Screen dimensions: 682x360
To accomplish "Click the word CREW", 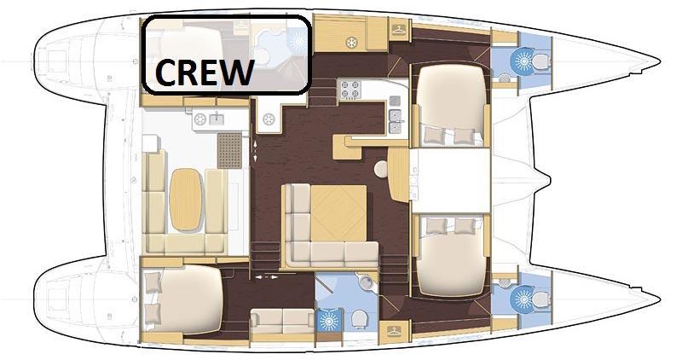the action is click(x=204, y=72).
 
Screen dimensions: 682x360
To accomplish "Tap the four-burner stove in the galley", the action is click(x=350, y=90).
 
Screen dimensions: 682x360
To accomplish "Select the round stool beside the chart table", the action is click(x=381, y=169).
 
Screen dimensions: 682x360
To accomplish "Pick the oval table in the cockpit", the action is click(x=186, y=200).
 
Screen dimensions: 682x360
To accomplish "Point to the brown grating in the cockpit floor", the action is click(x=229, y=151).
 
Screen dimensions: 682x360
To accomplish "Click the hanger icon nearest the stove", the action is click(x=398, y=31).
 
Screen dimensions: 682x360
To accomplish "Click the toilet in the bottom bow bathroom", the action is click(x=540, y=300).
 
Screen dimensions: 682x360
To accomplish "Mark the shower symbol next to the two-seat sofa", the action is click(x=329, y=321).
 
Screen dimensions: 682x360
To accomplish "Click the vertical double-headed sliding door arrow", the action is click(x=255, y=149).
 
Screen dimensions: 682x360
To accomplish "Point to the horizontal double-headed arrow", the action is click(x=266, y=276).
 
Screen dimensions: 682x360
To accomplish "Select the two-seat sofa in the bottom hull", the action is click(x=282, y=322).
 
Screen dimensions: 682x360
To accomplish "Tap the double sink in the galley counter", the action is click(x=395, y=121).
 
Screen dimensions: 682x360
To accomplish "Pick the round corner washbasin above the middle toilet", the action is click(x=367, y=282).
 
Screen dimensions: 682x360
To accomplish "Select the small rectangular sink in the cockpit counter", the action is click(x=217, y=118).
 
